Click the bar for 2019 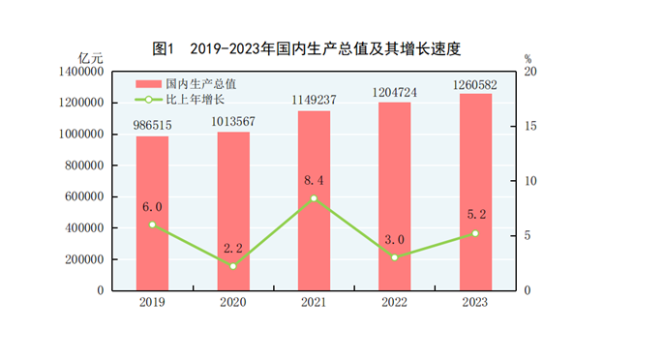(x=151, y=213)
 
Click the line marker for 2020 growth (x=232, y=266)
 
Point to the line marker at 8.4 (x=314, y=198)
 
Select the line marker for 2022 (x=394, y=257)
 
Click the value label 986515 (x=151, y=126)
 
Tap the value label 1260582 (x=475, y=84)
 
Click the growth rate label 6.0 (x=151, y=206)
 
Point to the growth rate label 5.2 (x=475, y=215)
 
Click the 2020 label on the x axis (x=232, y=302)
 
